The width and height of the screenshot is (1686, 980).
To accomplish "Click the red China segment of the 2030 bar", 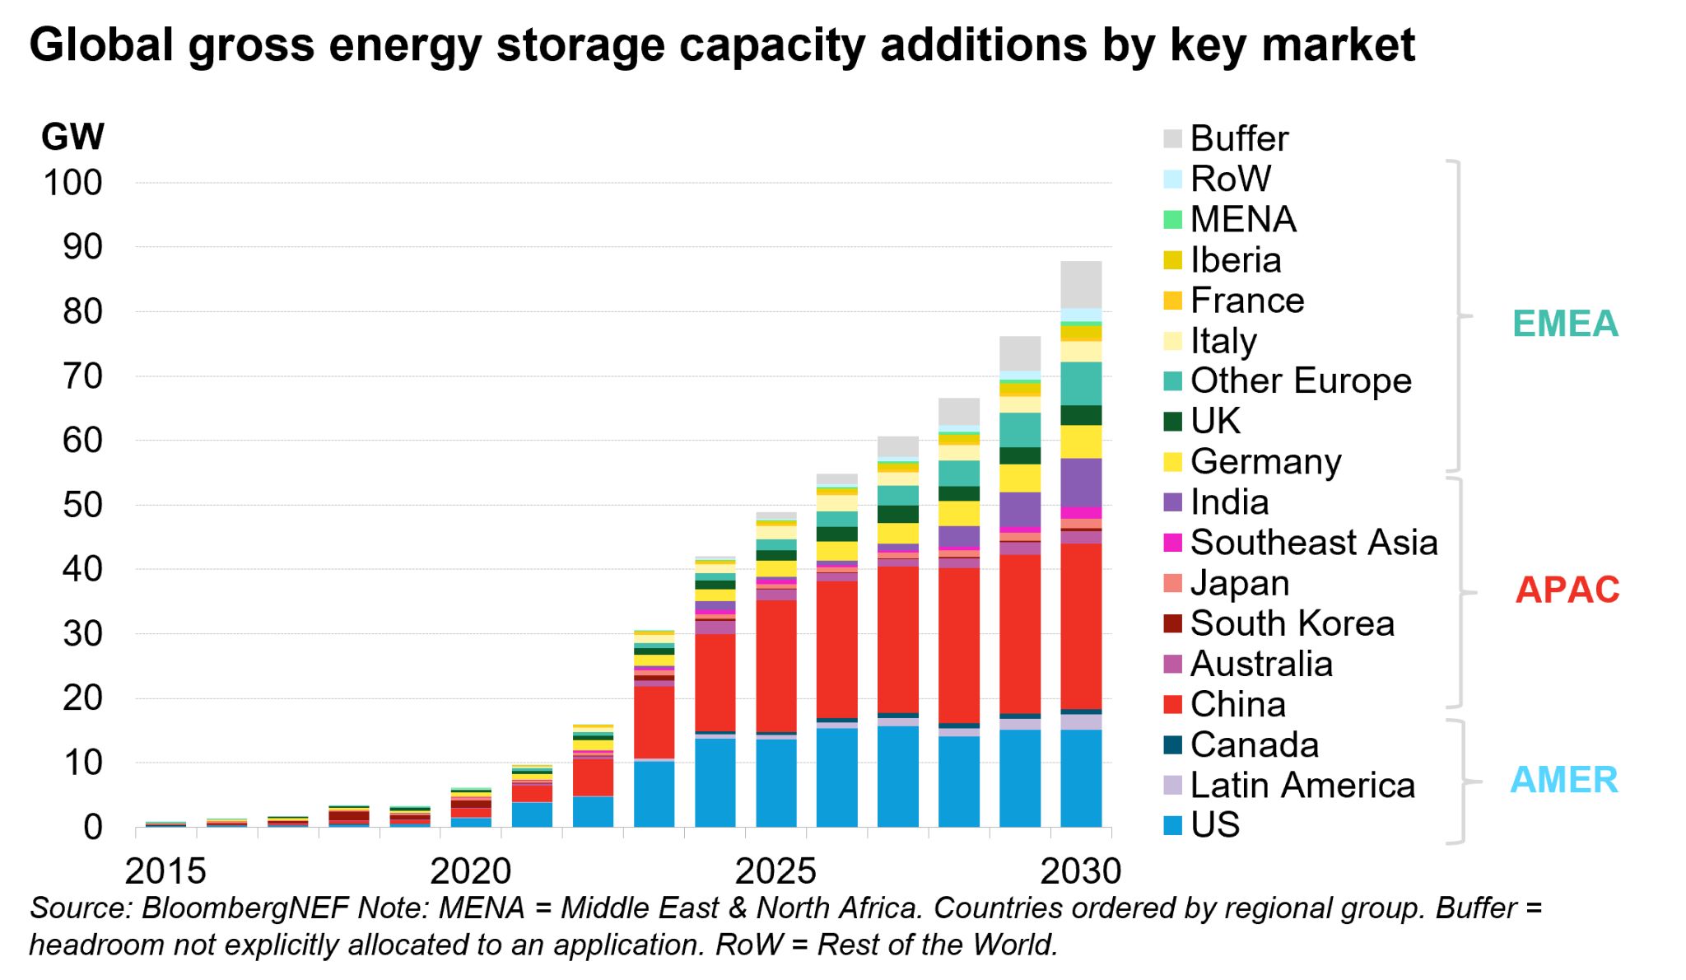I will click(x=1081, y=626).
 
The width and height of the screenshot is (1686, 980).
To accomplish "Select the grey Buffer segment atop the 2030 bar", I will click(x=1081, y=284).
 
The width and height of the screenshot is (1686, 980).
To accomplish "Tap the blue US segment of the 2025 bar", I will click(x=776, y=782).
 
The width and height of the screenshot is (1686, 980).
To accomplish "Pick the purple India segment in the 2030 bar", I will click(x=1081, y=483).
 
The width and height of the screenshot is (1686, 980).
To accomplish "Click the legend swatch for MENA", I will click(x=1172, y=220).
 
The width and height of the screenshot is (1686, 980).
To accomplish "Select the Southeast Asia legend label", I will click(x=1313, y=543).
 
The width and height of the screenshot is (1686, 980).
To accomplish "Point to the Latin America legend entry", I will click(x=1302, y=785).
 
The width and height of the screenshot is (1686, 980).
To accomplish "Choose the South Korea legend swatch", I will click(x=1172, y=623).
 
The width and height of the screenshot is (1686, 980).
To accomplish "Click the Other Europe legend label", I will click(x=1300, y=381).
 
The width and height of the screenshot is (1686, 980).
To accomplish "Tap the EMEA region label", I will click(x=1565, y=324).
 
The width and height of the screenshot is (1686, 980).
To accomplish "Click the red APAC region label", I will click(x=1567, y=590).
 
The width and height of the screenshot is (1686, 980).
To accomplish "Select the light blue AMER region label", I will click(x=1563, y=780).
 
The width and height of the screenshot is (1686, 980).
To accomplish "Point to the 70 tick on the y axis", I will click(x=82, y=376).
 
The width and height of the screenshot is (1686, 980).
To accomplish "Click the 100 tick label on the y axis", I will click(x=72, y=183).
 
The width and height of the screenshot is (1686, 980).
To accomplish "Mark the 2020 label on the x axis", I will click(x=470, y=871).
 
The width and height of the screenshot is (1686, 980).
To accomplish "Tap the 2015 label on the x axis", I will click(x=165, y=871).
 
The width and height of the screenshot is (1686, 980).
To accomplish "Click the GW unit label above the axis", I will click(x=72, y=137).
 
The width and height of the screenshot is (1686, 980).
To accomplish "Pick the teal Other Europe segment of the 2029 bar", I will click(x=1020, y=430).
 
